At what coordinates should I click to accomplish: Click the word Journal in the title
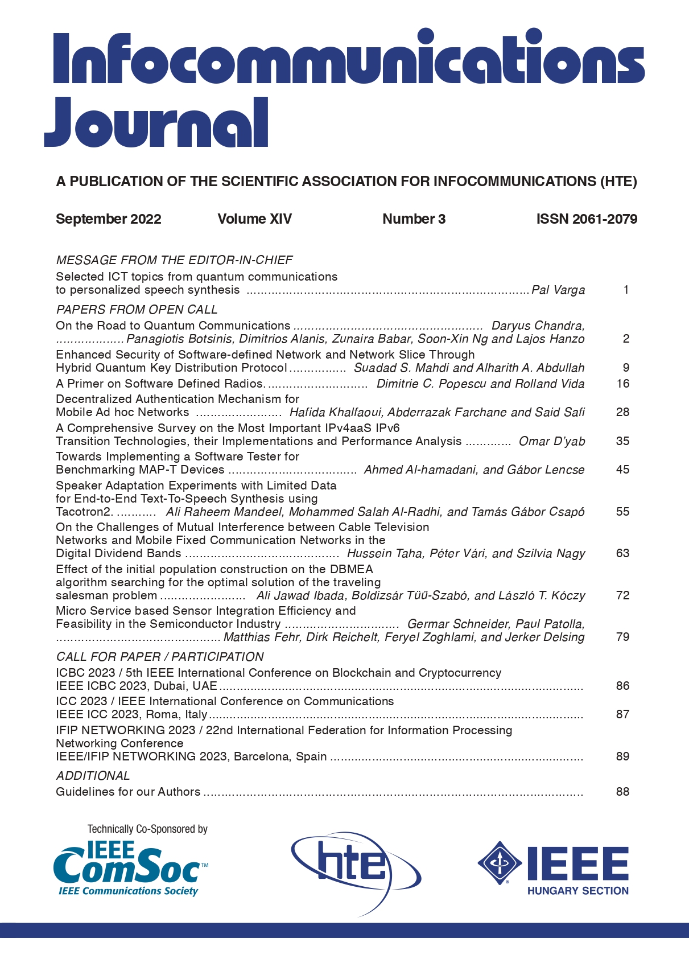156,123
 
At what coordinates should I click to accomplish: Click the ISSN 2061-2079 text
587,219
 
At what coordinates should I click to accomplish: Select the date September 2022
108,219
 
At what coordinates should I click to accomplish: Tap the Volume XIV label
254,219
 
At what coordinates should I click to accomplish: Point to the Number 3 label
414,219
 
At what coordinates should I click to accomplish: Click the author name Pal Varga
558,290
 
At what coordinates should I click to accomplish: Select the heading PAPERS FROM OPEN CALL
137,310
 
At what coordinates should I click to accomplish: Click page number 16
622,384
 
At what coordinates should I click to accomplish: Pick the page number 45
622,470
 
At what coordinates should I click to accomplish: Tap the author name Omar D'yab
552,441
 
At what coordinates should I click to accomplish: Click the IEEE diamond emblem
500,863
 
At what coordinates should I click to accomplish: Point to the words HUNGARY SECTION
577,891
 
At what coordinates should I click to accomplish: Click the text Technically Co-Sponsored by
147,829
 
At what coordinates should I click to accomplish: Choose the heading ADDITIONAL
93,776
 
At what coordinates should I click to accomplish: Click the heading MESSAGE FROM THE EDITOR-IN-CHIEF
174,260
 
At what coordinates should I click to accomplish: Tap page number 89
622,756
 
